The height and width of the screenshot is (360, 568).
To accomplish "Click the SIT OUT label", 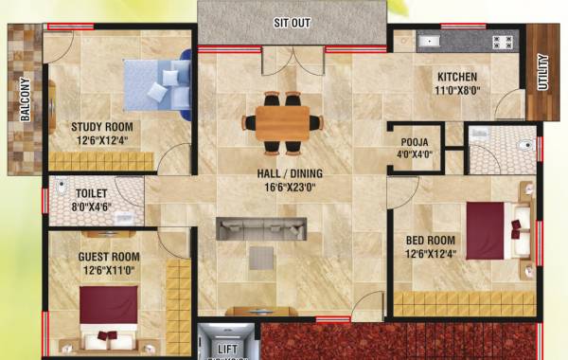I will [x=292, y=21].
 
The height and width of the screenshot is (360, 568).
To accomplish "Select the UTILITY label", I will [x=542, y=74].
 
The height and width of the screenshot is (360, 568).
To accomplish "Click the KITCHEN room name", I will [x=456, y=77].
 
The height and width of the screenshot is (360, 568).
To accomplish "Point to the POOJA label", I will [x=414, y=142].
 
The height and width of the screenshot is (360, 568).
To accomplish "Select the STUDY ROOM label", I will [x=101, y=126].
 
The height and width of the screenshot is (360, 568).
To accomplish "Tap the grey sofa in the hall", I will [x=260, y=228].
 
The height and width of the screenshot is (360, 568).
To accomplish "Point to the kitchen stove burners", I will [x=502, y=42].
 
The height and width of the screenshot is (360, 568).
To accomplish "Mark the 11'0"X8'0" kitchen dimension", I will [x=456, y=92].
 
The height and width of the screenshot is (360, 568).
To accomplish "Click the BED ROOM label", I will [x=432, y=240].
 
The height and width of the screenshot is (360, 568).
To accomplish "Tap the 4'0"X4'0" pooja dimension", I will [x=414, y=154].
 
